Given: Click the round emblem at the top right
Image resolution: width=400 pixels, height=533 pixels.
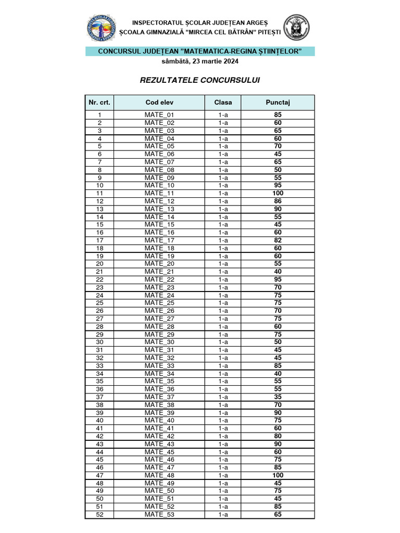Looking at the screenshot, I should [296, 28].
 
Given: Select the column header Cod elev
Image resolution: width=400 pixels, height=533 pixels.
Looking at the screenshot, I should [159, 103].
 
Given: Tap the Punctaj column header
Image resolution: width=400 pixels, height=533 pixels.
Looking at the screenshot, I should [278, 103].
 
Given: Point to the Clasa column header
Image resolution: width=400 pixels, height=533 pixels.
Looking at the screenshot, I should [223, 103].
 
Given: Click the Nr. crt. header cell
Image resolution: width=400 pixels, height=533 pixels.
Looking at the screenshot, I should [99, 103].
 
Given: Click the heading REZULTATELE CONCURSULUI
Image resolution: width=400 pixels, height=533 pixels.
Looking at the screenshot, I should [200, 80].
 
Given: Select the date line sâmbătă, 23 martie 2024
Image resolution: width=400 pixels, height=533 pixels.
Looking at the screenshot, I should [200, 61].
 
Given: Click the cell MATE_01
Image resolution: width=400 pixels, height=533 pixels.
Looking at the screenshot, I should [159, 115].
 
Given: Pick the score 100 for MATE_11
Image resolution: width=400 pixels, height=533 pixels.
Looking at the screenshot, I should [278, 193].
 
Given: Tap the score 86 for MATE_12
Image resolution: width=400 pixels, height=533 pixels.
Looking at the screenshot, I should [278, 201].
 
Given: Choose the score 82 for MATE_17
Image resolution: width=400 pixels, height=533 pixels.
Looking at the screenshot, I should [278, 240].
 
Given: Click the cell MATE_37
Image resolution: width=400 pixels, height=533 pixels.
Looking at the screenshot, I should [159, 397].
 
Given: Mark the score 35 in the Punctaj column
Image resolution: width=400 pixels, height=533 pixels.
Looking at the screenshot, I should [278, 397].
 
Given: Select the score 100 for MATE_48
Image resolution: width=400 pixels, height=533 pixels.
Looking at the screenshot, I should [278, 475].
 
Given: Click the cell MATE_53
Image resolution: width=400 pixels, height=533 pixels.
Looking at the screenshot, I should [159, 515].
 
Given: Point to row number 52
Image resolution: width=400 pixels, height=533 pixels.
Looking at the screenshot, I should [99, 515].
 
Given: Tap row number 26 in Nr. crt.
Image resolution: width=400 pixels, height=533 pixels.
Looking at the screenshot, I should [99, 311].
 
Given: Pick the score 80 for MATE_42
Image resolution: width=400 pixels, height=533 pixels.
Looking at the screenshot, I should [278, 436].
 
